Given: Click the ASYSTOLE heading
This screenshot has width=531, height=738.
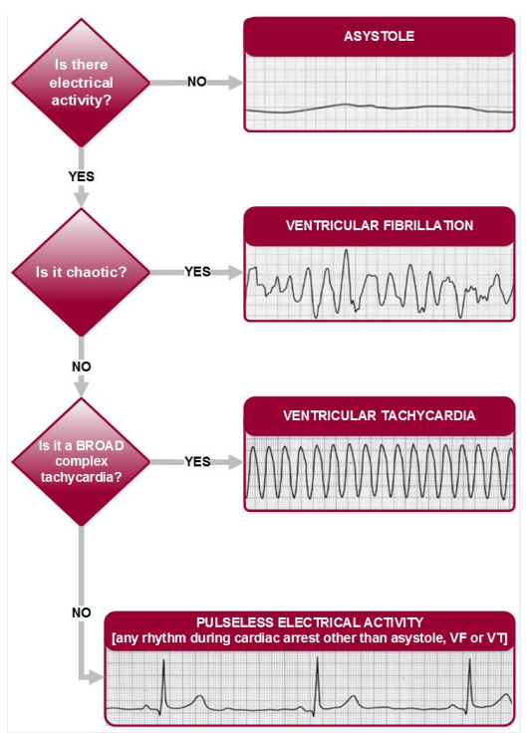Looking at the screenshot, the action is (379, 36).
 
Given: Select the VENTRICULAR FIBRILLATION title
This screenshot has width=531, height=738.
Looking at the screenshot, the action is (380, 225).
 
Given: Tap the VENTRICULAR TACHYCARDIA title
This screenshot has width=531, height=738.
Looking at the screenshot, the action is (380, 415).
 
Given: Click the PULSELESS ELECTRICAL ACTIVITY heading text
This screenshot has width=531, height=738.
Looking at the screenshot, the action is (310, 622).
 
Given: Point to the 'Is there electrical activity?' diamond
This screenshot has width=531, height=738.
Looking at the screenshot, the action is (81, 83).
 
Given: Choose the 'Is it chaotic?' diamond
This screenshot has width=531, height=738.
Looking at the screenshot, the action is (81, 272).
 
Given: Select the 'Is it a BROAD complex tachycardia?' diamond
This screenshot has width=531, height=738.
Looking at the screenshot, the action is (81, 462).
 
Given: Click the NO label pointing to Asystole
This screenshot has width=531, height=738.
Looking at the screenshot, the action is (197, 82).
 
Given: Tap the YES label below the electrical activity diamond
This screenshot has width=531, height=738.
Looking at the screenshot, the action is (82, 176).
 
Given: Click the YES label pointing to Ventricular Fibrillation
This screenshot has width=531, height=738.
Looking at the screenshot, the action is (197, 272).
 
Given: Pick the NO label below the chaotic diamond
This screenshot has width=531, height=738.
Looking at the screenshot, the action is (82, 367).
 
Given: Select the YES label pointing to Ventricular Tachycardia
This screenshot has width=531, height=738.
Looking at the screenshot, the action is (197, 462).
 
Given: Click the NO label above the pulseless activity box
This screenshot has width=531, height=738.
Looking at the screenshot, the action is (82, 613).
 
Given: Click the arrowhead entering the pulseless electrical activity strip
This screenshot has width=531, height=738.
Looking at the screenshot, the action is (97, 678).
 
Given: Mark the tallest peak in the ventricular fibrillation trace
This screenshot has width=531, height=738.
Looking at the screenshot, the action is (346, 250).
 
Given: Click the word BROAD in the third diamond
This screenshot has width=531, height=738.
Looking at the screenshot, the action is (100, 446).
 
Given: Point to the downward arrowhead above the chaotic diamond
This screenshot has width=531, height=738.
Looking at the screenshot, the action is (82, 199).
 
